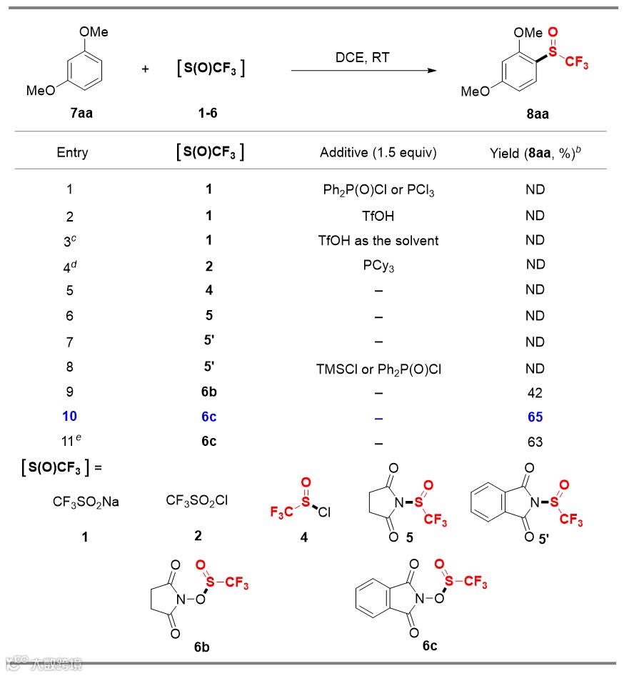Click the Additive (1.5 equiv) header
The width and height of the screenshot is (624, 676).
[x=378, y=153]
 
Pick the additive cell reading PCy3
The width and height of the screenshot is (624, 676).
[x=378, y=265]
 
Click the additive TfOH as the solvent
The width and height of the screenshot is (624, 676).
[x=378, y=241]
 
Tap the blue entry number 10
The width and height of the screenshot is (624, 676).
[x=69, y=417]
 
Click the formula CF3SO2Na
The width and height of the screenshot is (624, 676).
[x=86, y=502]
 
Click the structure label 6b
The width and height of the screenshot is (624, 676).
[x=202, y=648]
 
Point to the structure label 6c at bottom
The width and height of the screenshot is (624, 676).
[x=429, y=646]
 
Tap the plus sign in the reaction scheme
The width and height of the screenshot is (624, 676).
[x=146, y=69]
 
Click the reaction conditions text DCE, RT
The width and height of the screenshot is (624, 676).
[x=363, y=58]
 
